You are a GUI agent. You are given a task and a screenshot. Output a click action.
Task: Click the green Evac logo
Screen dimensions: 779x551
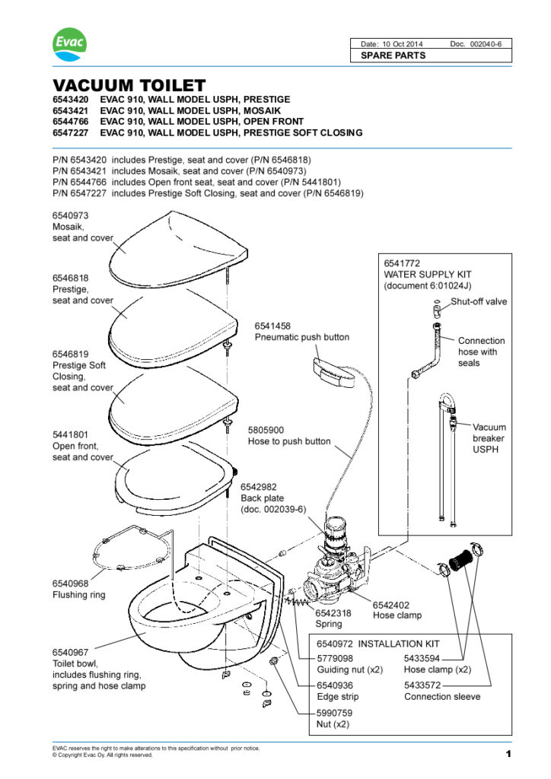point(69,46)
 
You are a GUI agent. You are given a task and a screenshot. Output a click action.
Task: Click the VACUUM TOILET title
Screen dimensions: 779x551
point(129,86)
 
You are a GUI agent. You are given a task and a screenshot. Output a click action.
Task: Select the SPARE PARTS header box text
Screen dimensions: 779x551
point(393,56)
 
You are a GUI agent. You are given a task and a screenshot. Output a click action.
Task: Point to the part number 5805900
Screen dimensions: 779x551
point(266,430)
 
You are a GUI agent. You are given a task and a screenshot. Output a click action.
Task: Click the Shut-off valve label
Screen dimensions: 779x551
point(479,301)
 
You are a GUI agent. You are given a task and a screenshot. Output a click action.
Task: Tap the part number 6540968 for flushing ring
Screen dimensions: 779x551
point(70,583)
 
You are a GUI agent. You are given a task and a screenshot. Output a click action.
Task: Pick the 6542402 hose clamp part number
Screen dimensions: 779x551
point(390,604)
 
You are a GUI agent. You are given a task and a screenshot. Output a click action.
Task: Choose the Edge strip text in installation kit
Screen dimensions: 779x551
point(337,697)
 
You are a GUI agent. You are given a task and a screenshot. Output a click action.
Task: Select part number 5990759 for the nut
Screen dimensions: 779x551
point(335,713)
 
